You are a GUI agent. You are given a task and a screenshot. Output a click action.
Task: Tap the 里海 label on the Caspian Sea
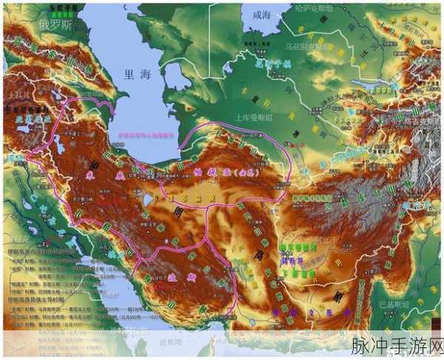coord(138,73)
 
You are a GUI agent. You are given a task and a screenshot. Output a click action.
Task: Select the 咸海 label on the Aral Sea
coord(262,15)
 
